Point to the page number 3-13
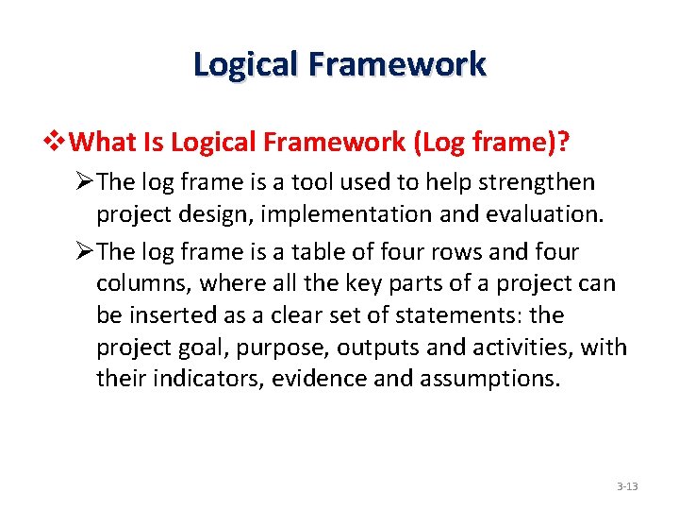click(x=627, y=487)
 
